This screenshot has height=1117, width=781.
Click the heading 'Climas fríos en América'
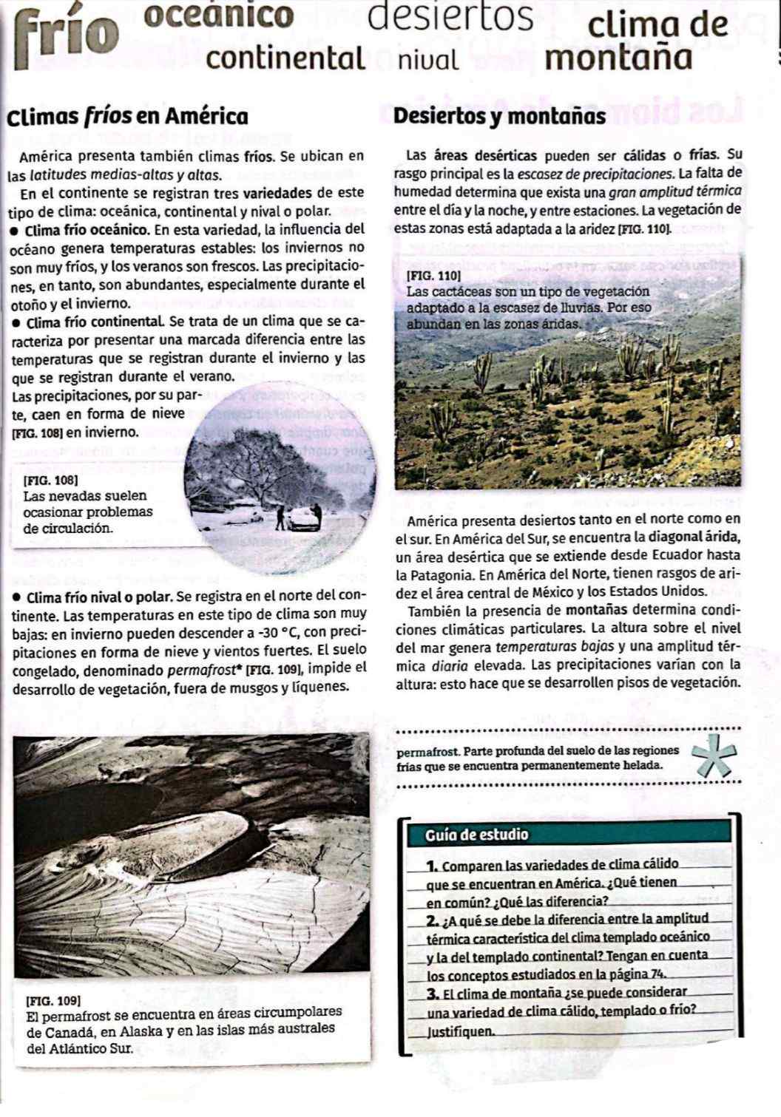point(126,117)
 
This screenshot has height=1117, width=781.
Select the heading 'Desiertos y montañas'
point(500,117)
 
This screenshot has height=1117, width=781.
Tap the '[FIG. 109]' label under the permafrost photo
point(53,1000)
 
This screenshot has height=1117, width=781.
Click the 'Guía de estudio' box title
point(478,835)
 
